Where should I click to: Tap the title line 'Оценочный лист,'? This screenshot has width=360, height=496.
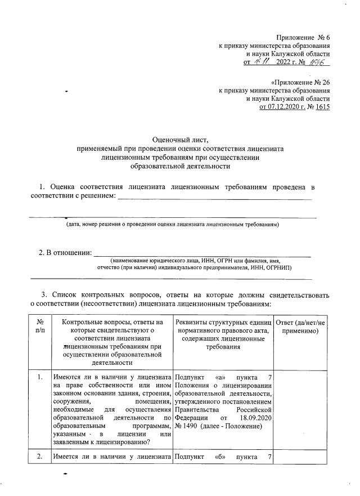click(181, 139)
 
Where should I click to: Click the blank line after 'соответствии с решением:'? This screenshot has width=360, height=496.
click(214, 197)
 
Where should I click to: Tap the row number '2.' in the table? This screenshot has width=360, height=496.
click(40, 457)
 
